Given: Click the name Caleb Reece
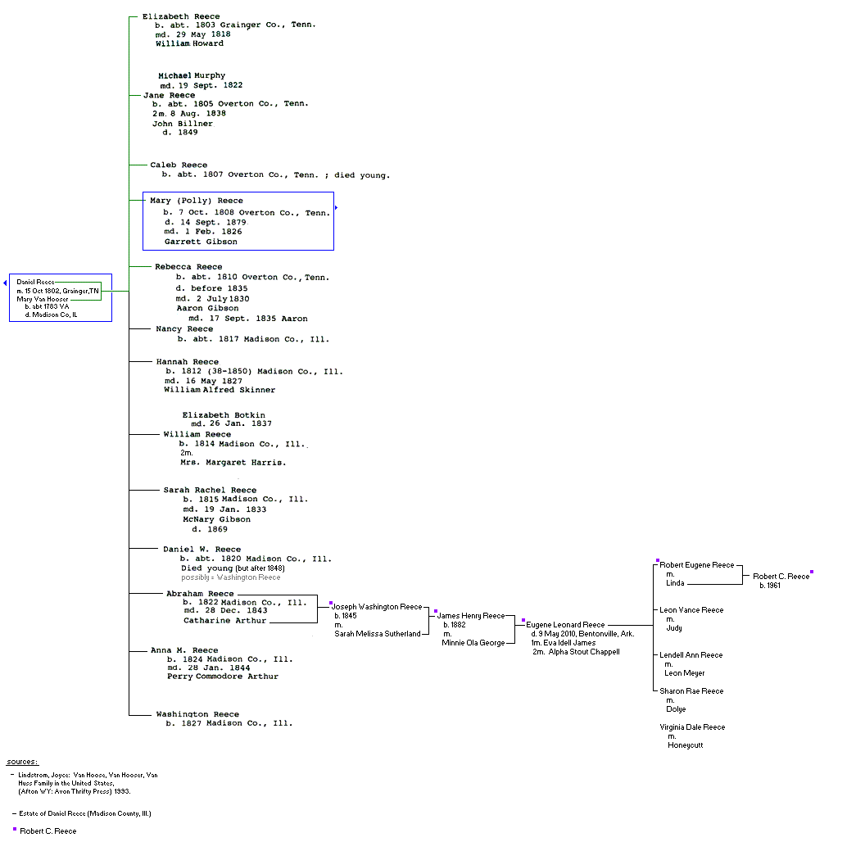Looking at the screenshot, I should pos(179,165).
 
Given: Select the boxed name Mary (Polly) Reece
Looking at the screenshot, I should pos(197,201).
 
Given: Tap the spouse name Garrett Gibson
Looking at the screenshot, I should pos(201,242).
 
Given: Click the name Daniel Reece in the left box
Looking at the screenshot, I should pos(35,282).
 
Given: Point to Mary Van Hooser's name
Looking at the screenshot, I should pos(43,299).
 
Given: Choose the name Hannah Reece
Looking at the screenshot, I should pos(188,361).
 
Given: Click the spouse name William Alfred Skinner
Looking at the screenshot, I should pos(220,390).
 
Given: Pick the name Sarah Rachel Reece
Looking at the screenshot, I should pos(210,490).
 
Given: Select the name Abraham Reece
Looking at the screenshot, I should pos(200,594).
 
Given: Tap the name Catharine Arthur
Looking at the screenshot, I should pos(224,621).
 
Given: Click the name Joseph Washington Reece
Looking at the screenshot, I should pos(377,607).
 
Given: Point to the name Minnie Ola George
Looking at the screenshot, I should pos(473,643).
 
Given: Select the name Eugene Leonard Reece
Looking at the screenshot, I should pos(565,625).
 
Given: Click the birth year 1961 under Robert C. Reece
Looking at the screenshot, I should pos(770,586).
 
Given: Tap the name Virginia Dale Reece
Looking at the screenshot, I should pos(692,727).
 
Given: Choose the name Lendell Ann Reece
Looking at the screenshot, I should pos(691,655).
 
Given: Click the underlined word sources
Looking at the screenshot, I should pos(21,762).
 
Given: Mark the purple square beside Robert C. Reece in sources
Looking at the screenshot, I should pos(15,829).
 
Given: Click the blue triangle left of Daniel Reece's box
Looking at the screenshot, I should pos(5,283).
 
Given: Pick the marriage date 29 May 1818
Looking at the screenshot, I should pos(204,34).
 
